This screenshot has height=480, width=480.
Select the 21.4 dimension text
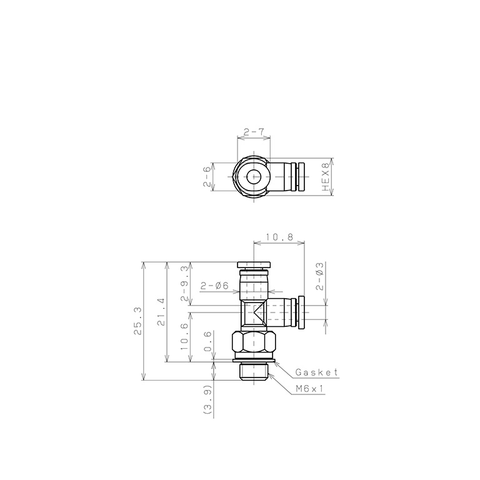pyautogui.click(x=161, y=311)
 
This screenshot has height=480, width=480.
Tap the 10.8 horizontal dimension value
pyautogui.click(x=278, y=237)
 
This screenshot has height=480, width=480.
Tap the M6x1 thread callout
pyautogui.click(x=311, y=388)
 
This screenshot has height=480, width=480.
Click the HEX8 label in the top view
pyautogui.click(x=325, y=177)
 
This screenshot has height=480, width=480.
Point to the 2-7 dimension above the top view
pyautogui.click(x=254, y=132)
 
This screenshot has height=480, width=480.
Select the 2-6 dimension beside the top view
pyautogui.click(x=207, y=177)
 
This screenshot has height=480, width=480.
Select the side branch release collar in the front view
pyautogui.click(x=300, y=313)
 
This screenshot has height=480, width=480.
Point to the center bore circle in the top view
pyautogui.click(x=254, y=177)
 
